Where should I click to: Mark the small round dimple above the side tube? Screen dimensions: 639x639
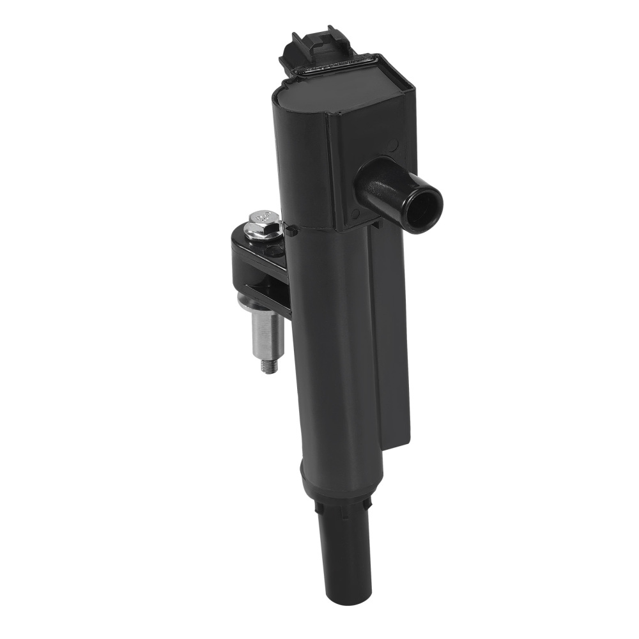(391, 146)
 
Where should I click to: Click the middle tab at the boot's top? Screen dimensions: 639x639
(346, 511)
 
